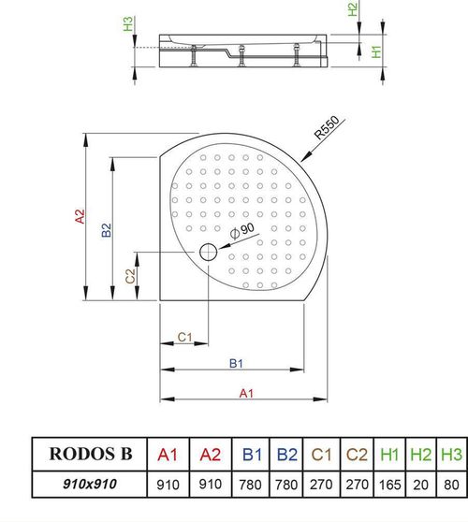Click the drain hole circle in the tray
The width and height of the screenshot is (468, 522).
click(x=207, y=252)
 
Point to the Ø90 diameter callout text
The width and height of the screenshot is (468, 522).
click(x=241, y=230)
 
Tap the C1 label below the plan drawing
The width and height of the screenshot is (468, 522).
click(x=184, y=337)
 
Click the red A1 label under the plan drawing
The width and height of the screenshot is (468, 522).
click(x=245, y=394)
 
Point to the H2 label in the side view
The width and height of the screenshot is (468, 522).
click(x=352, y=10)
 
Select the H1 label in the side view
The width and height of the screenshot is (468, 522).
click(x=375, y=52)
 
